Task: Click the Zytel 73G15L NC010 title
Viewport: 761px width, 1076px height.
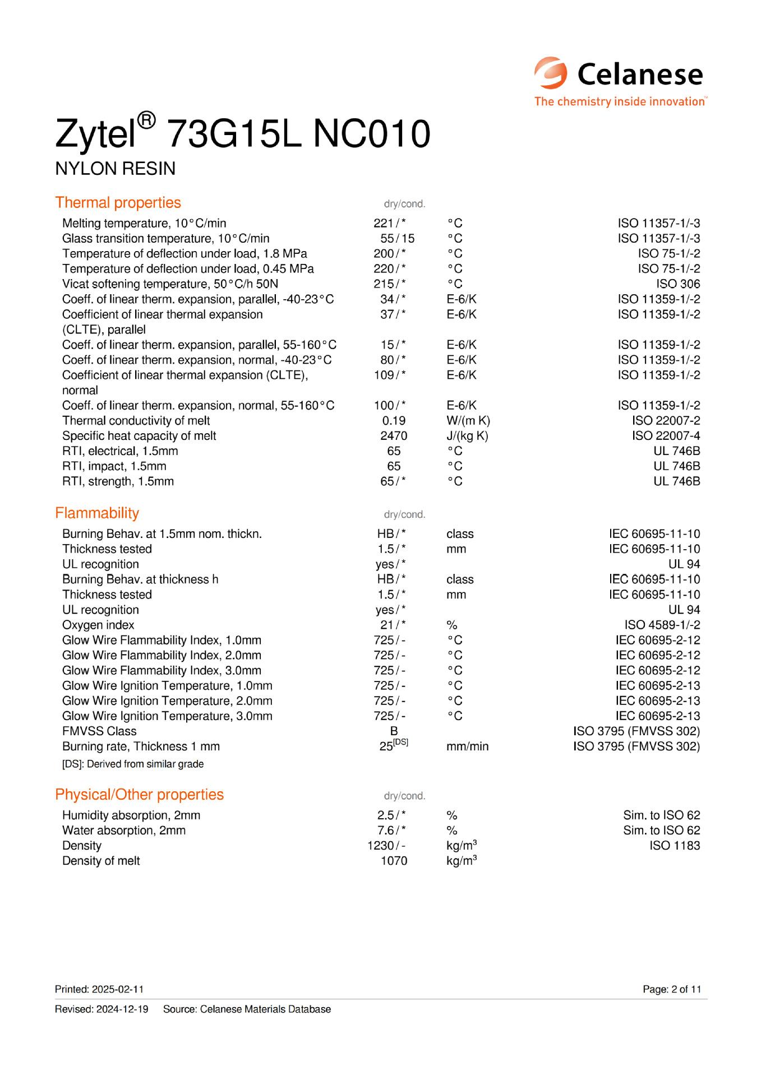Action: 242,133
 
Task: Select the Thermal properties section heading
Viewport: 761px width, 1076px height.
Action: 118,202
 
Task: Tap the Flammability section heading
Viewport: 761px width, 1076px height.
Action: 96,513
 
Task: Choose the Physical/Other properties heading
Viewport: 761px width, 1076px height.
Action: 139,794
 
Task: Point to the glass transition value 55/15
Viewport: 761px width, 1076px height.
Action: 396,238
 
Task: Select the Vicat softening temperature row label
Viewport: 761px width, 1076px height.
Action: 170,284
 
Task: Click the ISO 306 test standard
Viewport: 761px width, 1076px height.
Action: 678,284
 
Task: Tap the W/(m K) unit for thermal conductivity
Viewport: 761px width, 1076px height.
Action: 468,420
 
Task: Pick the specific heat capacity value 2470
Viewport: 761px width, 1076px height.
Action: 393,435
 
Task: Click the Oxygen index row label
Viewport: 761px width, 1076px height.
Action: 98,625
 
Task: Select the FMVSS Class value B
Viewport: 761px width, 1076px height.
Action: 394,731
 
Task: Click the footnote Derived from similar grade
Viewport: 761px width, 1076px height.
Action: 133,764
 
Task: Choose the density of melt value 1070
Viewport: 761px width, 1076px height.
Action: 394,860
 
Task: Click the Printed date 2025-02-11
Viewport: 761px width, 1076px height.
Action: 95,989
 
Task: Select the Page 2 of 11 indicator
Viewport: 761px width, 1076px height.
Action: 671,989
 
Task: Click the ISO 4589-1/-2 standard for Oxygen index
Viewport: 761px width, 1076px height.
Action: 662,625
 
